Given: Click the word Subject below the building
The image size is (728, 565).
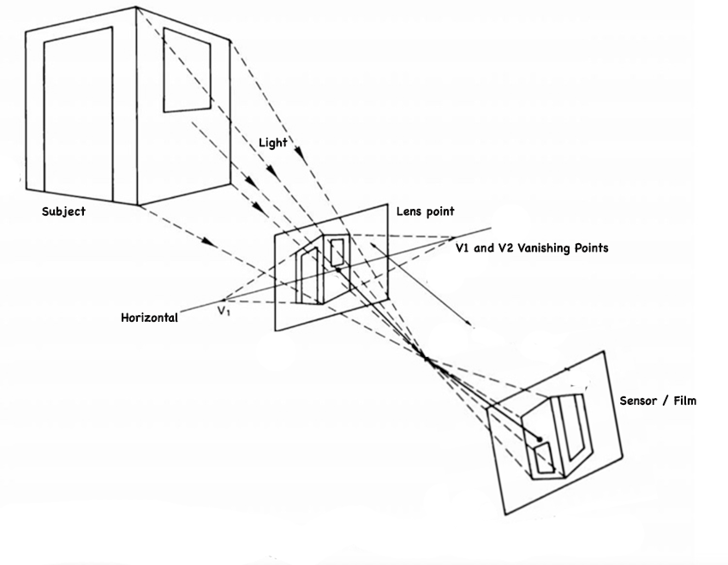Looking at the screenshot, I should click(64, 211).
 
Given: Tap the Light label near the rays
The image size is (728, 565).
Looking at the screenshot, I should click(273, 143).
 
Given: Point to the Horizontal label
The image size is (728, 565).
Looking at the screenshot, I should click(150, 318).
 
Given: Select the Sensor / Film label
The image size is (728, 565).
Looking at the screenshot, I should click(658, 401).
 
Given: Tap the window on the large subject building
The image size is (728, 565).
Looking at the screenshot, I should click(187, 70).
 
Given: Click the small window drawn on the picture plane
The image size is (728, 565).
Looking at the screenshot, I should click(338, 251).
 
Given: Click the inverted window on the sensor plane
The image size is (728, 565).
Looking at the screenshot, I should click(543, 460).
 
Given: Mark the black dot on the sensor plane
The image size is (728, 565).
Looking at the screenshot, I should click(540, 439).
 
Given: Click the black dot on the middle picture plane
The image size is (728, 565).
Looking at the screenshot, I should click(338, 270).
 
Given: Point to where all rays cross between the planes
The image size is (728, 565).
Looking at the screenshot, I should click(427, 358).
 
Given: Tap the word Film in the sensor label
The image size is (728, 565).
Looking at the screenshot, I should click(683, 401).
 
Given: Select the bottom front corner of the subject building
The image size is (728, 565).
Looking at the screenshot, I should click(140, 205).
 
